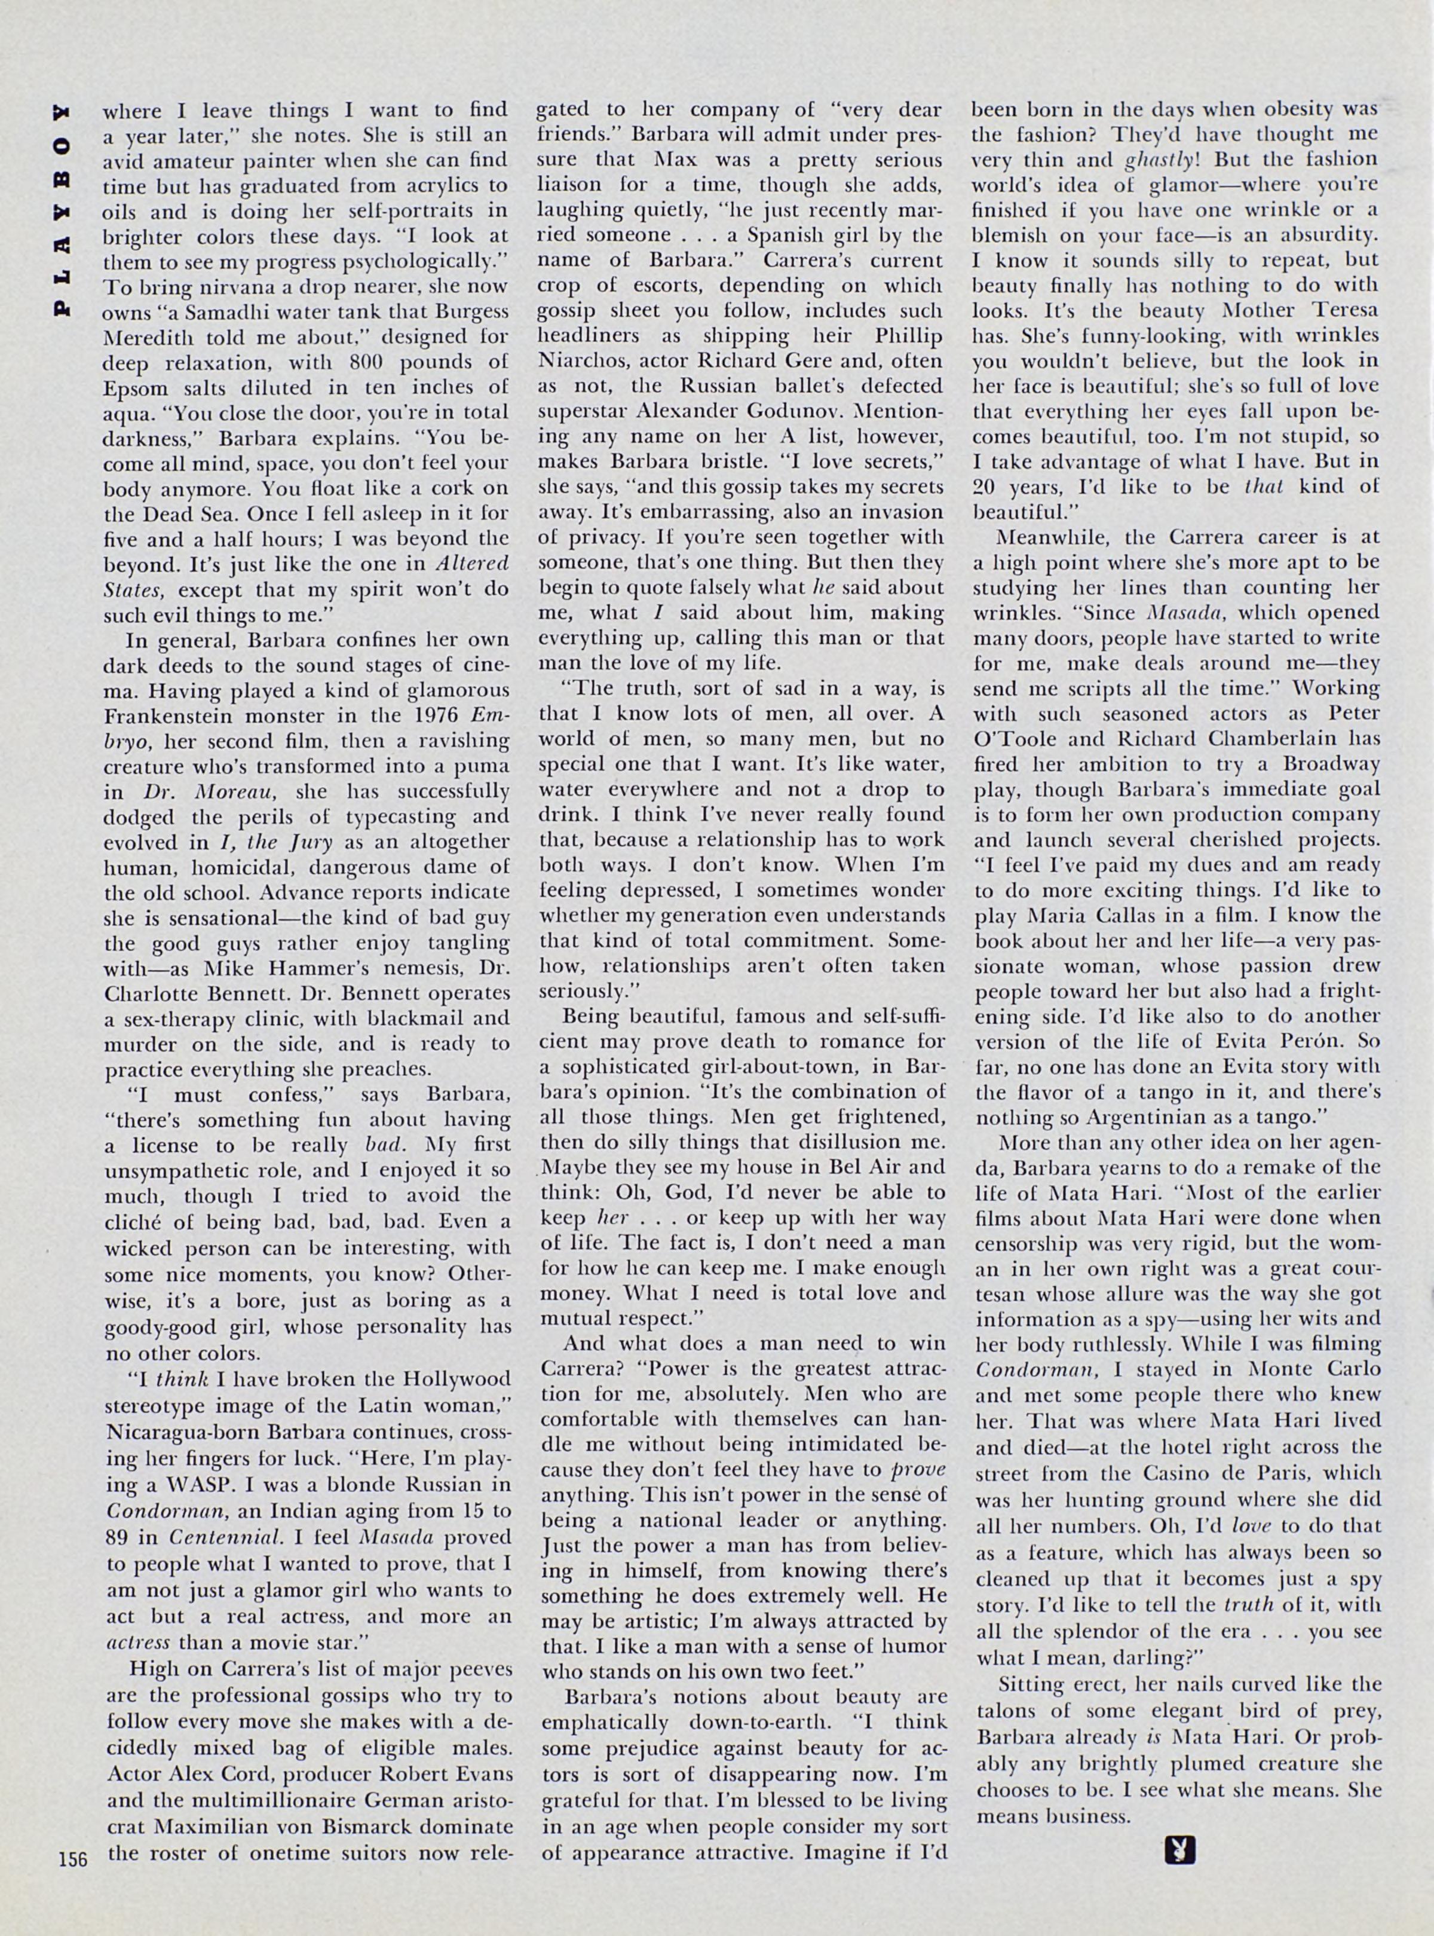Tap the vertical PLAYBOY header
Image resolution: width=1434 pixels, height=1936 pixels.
(62, 209)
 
